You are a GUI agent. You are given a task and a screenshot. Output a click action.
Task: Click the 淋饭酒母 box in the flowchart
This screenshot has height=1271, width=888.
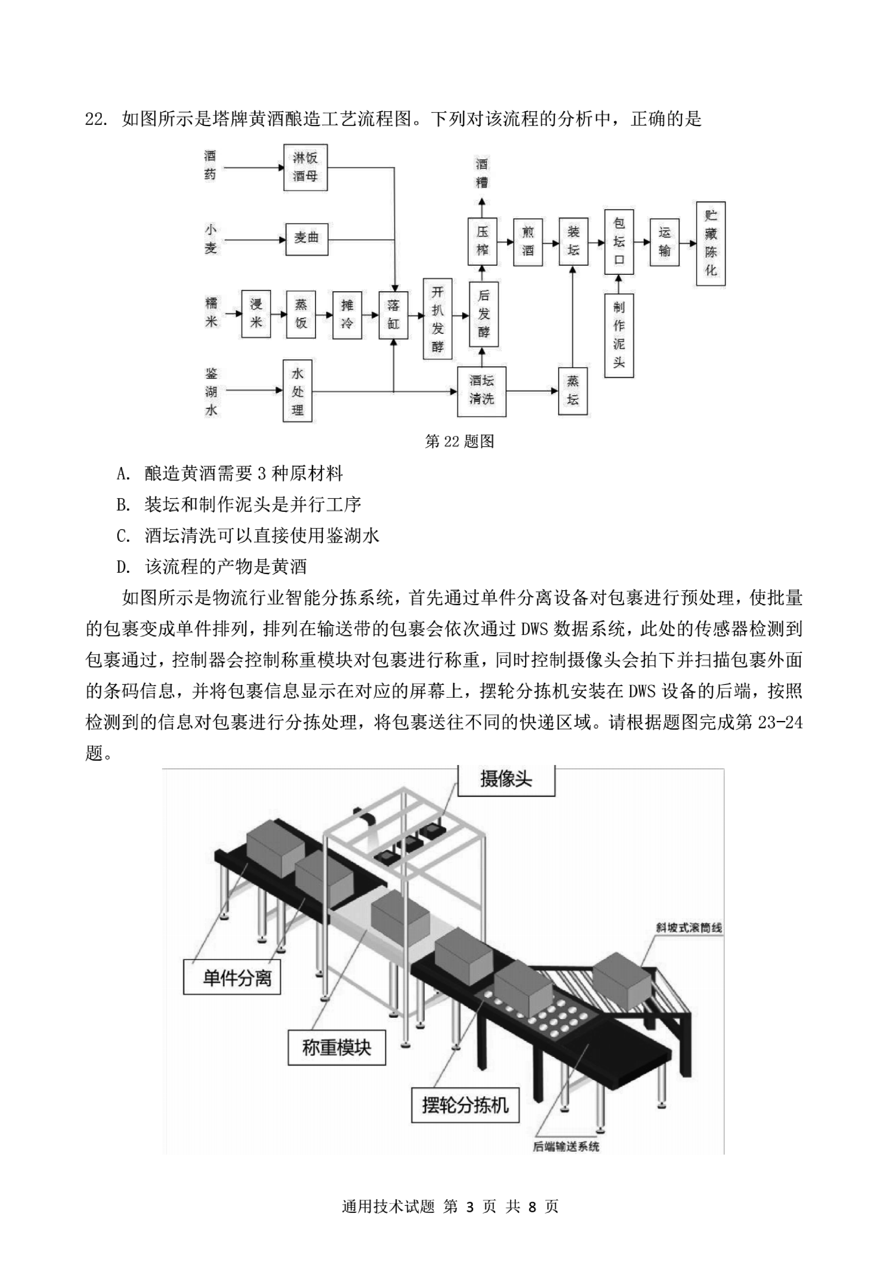305,167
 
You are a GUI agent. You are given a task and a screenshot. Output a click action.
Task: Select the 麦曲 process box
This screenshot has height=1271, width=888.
307,239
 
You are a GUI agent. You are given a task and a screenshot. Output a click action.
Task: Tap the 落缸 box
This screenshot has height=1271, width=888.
393,314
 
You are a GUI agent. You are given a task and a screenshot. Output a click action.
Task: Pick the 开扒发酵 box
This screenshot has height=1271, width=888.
437,318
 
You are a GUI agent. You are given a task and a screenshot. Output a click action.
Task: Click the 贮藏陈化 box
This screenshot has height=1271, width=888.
710,244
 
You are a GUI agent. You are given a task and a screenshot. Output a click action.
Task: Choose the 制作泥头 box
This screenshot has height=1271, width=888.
619,335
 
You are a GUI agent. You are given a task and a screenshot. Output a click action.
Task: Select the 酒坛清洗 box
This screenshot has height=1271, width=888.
481,391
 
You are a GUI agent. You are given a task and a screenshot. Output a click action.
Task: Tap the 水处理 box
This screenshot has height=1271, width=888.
297,391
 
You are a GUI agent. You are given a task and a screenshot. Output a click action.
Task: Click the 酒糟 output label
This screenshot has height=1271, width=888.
482,173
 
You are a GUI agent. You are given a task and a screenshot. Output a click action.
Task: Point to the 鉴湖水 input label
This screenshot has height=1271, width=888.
211,391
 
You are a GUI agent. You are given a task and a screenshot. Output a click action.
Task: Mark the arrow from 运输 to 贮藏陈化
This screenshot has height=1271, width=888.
687,242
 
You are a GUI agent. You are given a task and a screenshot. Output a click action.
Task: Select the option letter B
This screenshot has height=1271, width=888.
122,504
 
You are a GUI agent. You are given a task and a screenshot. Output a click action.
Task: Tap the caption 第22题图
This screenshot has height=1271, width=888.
459,441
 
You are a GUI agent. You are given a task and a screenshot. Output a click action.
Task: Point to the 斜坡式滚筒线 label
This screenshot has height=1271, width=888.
688,928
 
